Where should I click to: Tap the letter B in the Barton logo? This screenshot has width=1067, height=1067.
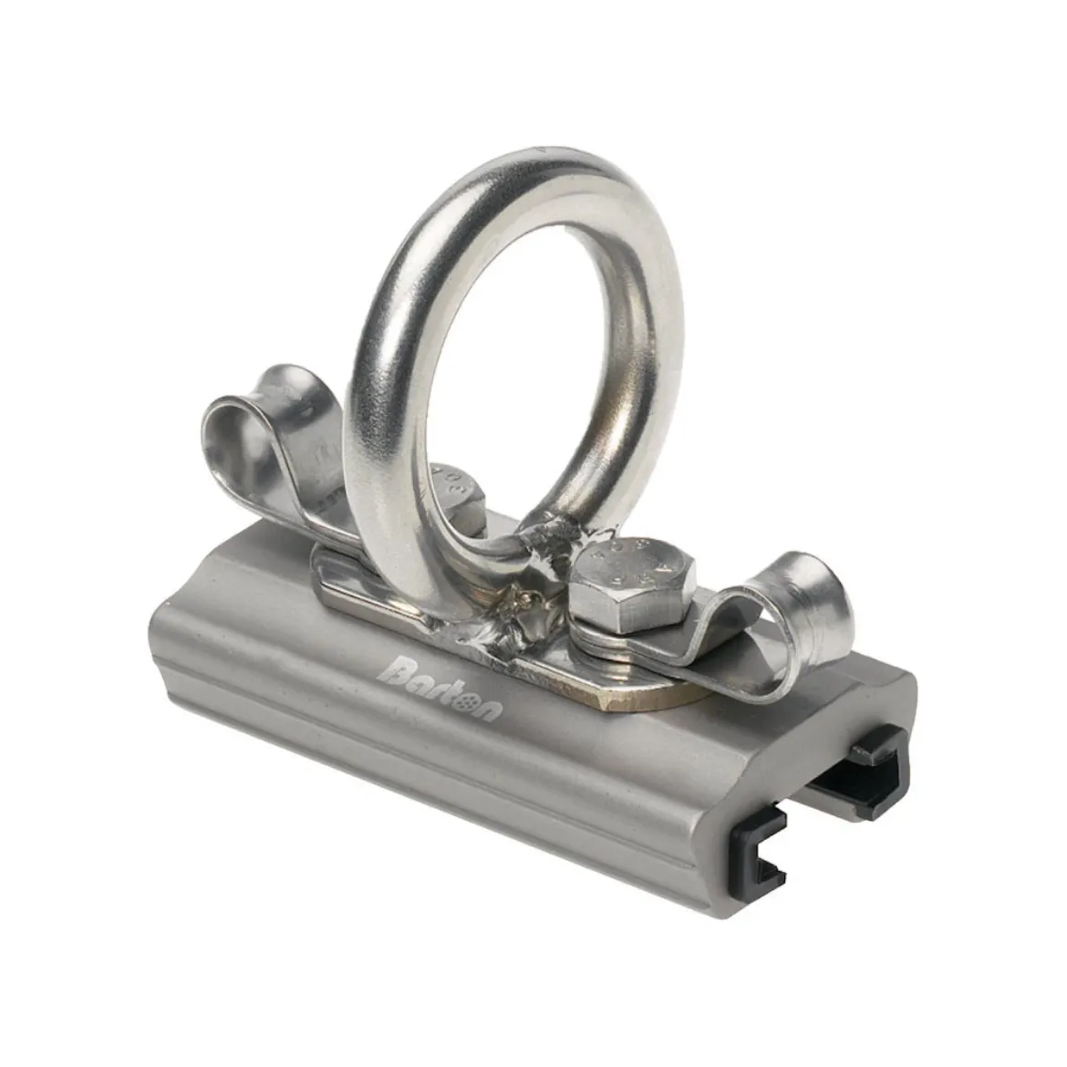pyautogui.click(x=397, y=673)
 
